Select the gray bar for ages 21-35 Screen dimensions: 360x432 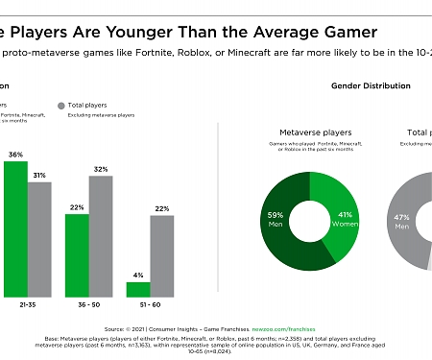pyautogui.click(x=39, y=239)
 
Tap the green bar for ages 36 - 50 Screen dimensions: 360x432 pyautogui.click(x=77, y=254)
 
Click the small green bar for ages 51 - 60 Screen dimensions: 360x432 pyautogui.click(x=138, y=288)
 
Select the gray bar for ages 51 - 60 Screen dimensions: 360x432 pyautogui.click(x=162, y=255)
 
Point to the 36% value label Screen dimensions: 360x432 pyautogui.click(x=15, y=154)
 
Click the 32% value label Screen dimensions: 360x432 pyautogui.click(x=101, y=169)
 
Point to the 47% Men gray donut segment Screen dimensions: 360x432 pyautogui.click(x=403, y=221)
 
